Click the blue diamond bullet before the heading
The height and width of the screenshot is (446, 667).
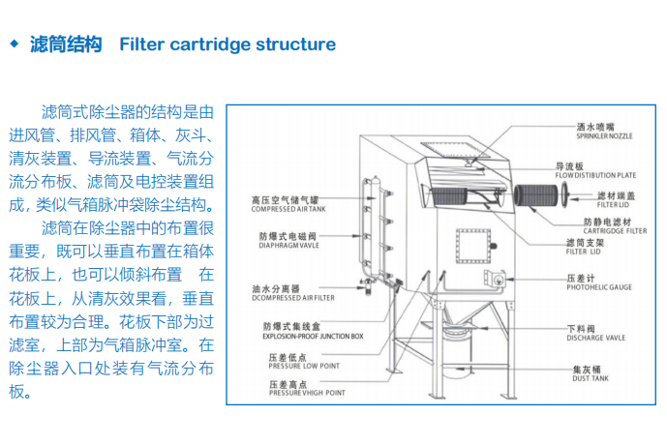pyautogui.click(x=14, y=45)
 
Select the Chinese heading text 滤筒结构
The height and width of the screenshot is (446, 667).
pyautogui.click(x=66, y=45)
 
